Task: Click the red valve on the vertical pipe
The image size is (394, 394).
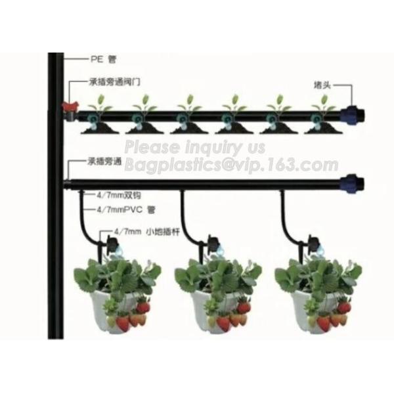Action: tap(66, 106)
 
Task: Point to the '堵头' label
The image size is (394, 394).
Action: tap(322, 85)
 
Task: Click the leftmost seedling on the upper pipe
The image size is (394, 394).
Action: tap(99, 104)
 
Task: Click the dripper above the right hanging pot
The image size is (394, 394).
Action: tap(313, 243)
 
